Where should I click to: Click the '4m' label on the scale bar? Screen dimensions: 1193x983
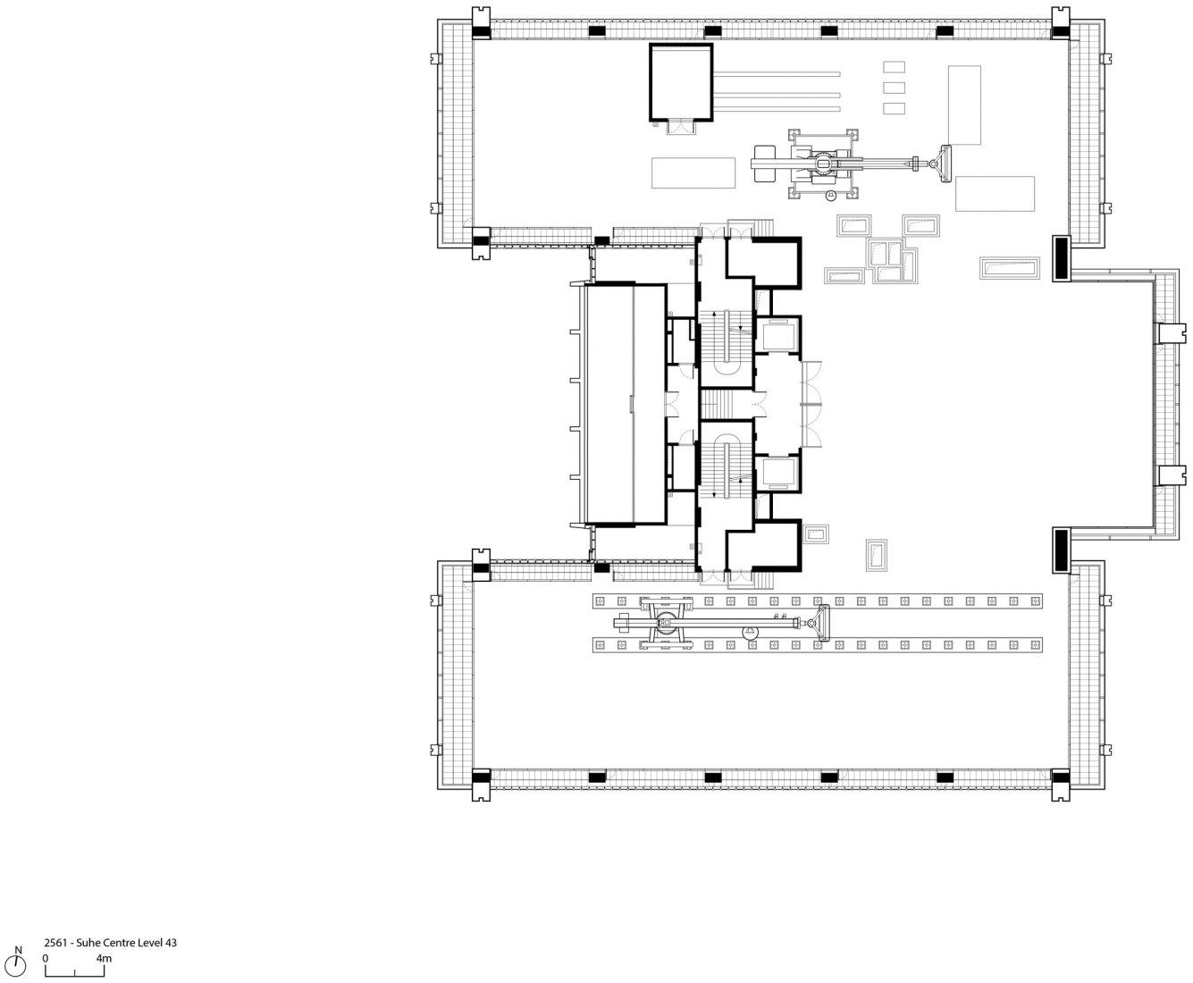[104, 958]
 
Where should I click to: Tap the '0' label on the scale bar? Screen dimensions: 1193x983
[46, 958]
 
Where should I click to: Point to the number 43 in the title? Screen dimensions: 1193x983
[171, 943]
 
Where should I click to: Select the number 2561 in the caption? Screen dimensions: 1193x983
[56, 943]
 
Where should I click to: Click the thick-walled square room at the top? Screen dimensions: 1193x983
[681, 82]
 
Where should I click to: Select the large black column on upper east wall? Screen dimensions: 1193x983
[1061, 258]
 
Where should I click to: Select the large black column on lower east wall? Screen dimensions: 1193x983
[1061, 550]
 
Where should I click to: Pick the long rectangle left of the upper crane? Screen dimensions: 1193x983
[693, 172]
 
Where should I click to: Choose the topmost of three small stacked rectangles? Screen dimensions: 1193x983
[894, 67]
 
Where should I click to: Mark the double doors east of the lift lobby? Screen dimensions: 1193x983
[811, 404]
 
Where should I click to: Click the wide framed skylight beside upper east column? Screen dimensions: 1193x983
[1010, 268]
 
